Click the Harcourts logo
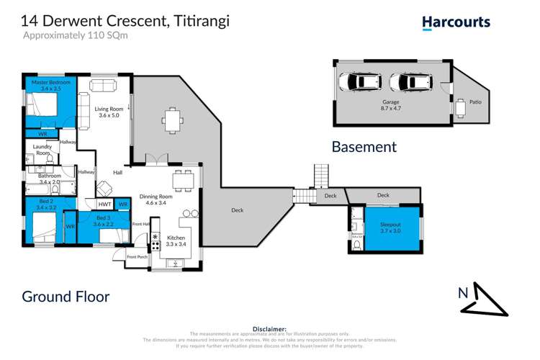click(456, 22)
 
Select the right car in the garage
click(405, 81)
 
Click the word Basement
click(364, 147)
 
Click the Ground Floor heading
click(66, 296)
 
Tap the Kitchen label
click(176, 238)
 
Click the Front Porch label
click(138, 257)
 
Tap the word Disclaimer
click(270, 328)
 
